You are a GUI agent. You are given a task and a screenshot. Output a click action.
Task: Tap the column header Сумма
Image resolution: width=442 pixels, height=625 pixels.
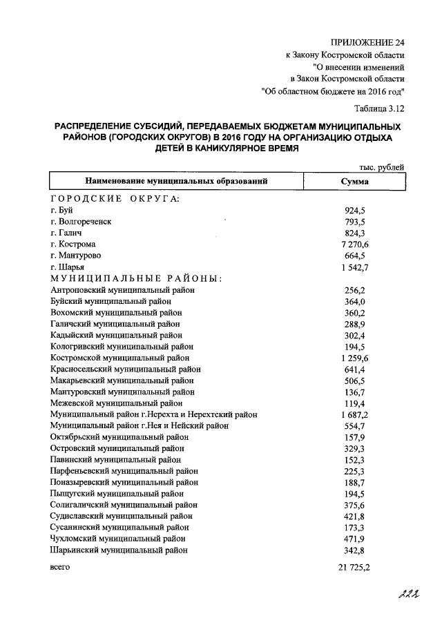pos(355,182)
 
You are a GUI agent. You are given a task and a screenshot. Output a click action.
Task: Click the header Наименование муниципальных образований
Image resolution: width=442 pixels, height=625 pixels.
pos(175,182)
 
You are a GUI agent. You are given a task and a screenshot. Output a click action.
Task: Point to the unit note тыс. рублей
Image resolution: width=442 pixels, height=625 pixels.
pos(382,166)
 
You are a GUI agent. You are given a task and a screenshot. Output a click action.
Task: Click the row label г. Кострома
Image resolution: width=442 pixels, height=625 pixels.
pos(73,244)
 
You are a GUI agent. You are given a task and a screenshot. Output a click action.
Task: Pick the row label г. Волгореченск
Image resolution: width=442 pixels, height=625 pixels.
pos(81,222)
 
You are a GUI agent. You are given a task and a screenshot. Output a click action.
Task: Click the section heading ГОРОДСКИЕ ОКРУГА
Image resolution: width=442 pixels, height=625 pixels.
pos(115,199)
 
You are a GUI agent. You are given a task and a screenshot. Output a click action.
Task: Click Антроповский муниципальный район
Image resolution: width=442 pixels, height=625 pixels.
pos(122,290)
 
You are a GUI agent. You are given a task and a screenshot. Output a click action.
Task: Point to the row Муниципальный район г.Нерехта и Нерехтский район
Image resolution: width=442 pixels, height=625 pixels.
pos(154,414)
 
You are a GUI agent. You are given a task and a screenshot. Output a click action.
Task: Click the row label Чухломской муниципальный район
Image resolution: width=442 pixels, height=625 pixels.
pos(118,538)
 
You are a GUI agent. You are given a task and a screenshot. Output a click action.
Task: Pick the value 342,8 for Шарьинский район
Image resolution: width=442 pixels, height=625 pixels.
pos(355,550)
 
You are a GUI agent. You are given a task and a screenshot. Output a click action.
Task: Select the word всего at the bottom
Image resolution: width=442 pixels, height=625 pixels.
pos(60,567)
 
